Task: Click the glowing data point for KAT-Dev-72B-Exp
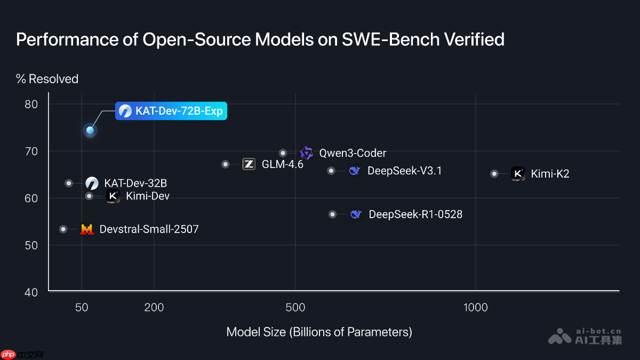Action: point(90,130)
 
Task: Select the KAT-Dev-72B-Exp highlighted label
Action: point(171,111)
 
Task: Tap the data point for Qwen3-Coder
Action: point(283,153)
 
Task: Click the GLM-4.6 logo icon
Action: point(249,164)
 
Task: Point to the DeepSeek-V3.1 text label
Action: point(404,171)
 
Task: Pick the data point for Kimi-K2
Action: point(494,173)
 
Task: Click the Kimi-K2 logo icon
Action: point(518,173)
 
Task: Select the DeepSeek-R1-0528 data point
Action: point(333,214)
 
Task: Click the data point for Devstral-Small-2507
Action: point(63,229)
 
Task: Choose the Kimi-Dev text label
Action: point(148,196)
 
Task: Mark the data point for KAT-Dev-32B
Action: point(69,183)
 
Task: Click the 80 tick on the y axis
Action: point(31,103)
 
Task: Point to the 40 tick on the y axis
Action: point(31,292)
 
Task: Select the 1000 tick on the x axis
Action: point(475,307)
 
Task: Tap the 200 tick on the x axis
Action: point(154,307)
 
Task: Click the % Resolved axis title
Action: point(47,79)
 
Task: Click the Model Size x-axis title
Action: point(319,332)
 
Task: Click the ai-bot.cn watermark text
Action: point(599,331)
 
